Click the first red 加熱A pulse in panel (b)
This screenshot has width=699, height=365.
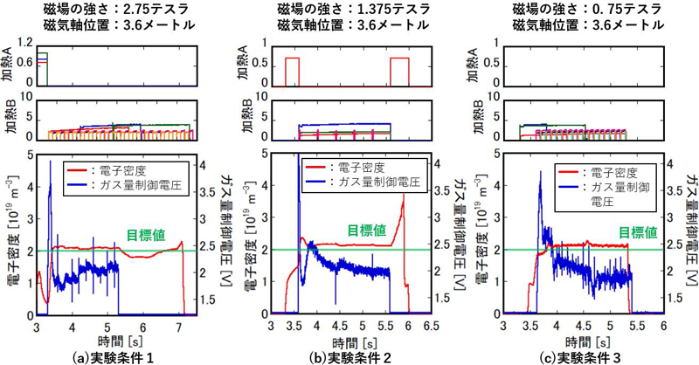(293, 70)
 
